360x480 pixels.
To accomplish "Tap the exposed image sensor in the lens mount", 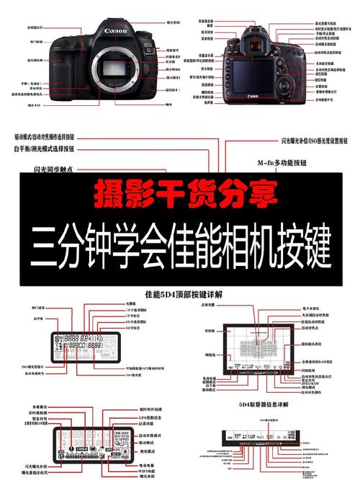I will pos(117,71).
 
